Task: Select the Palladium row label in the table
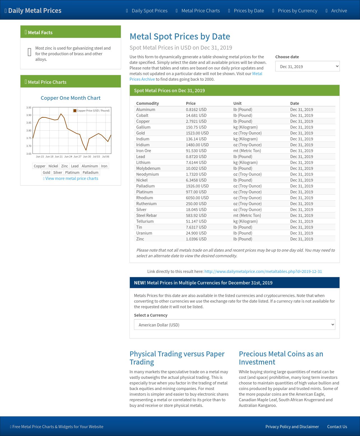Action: point(145,186)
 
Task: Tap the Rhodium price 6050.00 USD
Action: point(197,198)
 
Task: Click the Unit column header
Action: point(237,103)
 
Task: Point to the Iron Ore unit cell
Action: point(247,151)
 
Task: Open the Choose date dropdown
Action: point(307,66)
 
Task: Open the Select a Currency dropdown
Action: point(234,325)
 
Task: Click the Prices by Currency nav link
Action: point(297,11)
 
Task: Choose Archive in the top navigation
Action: point(339,11)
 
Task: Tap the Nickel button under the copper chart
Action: point(53,166)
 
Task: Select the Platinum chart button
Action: point(72,173)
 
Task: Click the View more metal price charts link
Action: point(71,178)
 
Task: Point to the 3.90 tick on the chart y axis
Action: point(29,115)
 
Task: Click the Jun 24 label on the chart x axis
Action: point(68,157)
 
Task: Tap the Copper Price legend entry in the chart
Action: point(91,111)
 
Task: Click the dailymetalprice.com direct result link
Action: point(263,272)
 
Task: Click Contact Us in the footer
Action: point(337,427)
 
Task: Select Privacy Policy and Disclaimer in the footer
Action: point(292,427)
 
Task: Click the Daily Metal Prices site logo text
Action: point(34,11)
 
